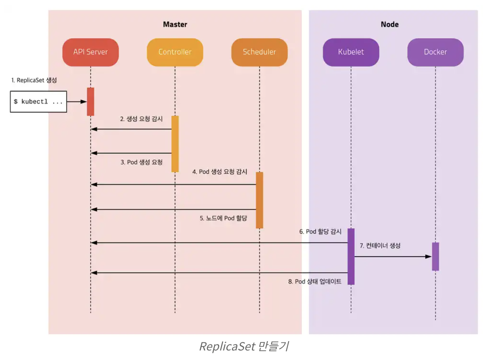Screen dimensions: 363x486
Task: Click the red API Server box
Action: [x=91, y=52]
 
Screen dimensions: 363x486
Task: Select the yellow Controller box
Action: [x=175, y=52]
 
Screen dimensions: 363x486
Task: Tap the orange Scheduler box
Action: [x=259, y=52]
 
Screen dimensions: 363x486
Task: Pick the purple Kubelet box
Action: [x=351, y=52]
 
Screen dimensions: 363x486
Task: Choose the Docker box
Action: [x=435, y=52]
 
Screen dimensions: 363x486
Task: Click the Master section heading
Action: [x=175, y=24]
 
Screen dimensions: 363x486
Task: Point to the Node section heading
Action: [x=389, y=24]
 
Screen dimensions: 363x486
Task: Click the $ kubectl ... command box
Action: [x=38, y=102]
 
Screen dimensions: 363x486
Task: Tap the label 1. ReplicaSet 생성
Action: [x=34, y=80]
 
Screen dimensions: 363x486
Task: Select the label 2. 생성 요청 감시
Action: [x=141, y=119]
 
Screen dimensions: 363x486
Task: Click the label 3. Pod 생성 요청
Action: [x=142, y=162]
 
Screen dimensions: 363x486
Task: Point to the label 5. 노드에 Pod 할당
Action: [x=223, y=218]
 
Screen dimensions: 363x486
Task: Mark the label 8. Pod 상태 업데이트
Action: [x=315, y=282]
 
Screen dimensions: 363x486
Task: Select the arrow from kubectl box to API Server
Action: [x=77, y=102]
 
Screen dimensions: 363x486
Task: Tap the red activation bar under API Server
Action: [x=91, y=101]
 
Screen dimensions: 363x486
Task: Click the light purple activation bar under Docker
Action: [x=435, y=256]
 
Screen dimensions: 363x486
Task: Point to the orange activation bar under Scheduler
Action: [x=259, y=200]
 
